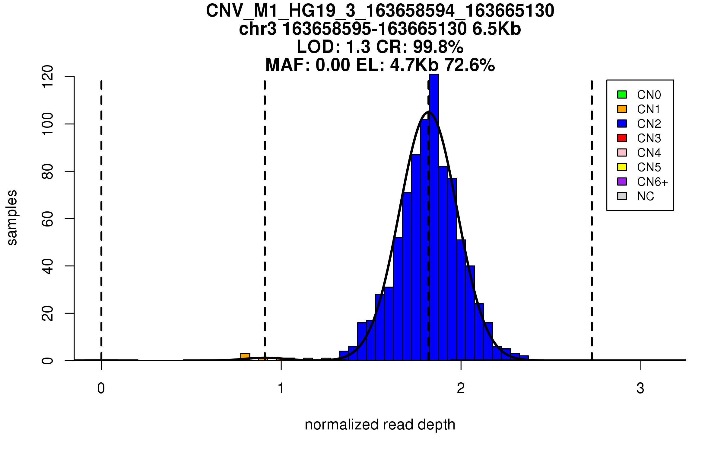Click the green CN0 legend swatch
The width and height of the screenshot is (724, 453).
click(x=622, y=95)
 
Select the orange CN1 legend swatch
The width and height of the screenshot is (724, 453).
click(x=622, y=109)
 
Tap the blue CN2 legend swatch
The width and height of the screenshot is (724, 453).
click(x=622, y=124)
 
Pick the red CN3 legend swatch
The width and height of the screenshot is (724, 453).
click(x=622, y=138)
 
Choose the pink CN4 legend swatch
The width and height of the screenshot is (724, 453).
click(x=622, y=153)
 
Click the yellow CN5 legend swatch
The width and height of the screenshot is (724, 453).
click(x=622, y=167)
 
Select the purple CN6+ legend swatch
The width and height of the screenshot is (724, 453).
click(x=622, y=182)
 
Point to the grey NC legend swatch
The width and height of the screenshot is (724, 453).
click(x=622, y=196)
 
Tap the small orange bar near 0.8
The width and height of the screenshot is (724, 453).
click(x=245, y=357)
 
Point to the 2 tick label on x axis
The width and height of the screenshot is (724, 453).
click(x=461, y=388)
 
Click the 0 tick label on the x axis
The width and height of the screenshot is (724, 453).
click(x=101, y=388)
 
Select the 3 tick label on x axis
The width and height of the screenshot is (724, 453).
click(x=640, y=388)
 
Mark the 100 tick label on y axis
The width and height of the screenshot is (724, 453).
click(x=48, y=124)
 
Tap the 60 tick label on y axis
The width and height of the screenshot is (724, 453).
click(x=48, y=219)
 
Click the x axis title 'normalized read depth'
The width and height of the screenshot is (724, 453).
click(x=380, y=425)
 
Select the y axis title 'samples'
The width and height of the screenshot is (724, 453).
click(x=12, y=217)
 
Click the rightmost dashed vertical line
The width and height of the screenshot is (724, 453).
click(x=592, y=220)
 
